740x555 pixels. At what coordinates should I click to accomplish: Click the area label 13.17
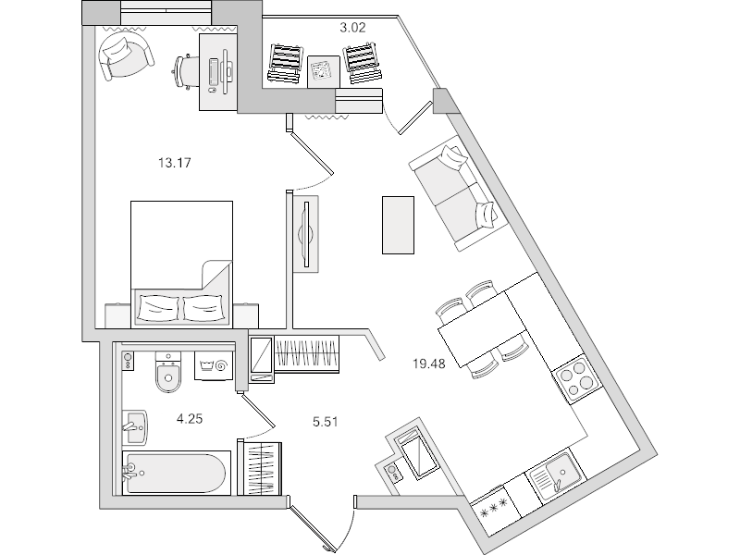click(x=175, y=164)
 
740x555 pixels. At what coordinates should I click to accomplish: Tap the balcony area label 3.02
click(x=352, y=28)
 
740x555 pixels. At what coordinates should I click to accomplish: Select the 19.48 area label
click(x=429, y=364)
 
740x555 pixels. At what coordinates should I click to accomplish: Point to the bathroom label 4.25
click(x=190, y=419)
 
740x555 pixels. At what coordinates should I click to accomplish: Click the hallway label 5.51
click(x=326, y=422)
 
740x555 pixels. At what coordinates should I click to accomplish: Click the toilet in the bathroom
click(x=168, y=373)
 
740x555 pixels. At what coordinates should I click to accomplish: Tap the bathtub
click(x=177, y=473)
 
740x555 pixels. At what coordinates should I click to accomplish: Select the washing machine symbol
click(x=214, y=365)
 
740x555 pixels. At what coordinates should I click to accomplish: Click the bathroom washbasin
click(x=135, y=427)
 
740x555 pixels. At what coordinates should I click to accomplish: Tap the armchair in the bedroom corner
click(x=125, y=55)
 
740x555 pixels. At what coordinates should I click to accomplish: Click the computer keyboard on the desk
click(x=214, y=75)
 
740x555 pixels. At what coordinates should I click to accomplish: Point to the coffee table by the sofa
click(x=398, y=225)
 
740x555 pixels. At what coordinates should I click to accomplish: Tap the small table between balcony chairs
click(x=323, y=72)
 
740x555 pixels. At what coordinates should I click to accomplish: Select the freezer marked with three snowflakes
click(x=495, y=511)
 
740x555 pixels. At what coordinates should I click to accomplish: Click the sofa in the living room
click(x=459, y=193)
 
